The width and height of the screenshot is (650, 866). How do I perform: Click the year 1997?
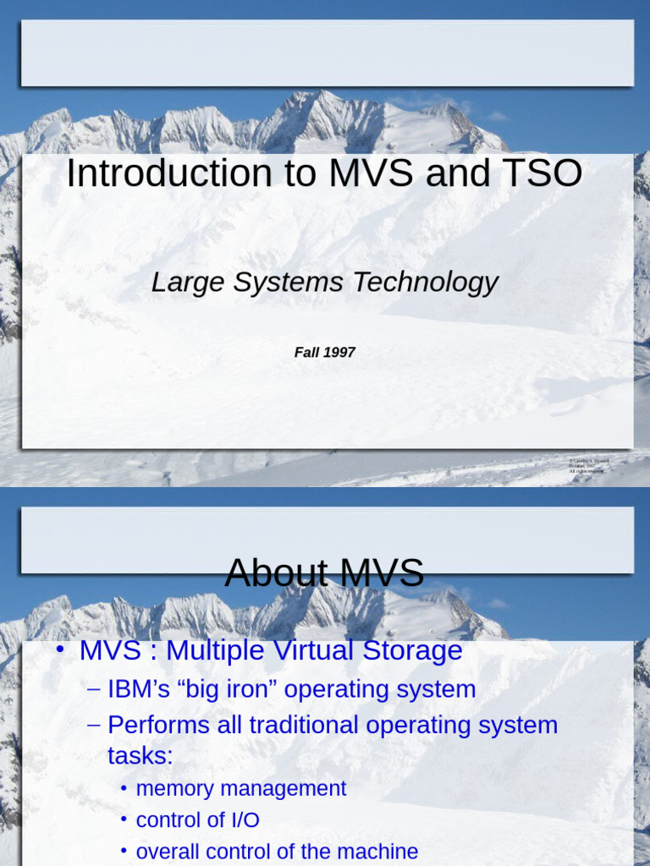click(339, 353)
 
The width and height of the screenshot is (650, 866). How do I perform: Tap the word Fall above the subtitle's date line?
click(306, 353)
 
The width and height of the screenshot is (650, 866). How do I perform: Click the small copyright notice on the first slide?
click(588, 465)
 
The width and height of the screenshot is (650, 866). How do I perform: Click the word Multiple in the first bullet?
click(212, 651)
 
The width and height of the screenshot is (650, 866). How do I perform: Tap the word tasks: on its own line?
click(140, 756)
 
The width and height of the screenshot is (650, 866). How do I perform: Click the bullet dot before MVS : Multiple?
click(59, 651)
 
